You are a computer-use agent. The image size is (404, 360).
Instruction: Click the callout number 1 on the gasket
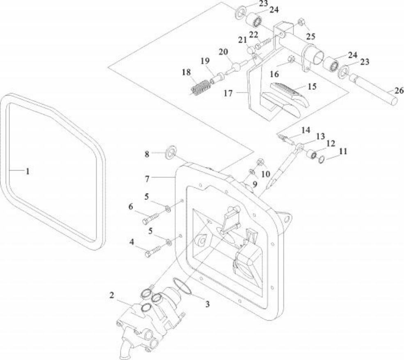27,171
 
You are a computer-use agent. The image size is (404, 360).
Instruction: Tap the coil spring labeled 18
201,87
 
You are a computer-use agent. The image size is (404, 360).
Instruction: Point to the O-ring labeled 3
182,286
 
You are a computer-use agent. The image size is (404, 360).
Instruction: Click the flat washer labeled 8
169,154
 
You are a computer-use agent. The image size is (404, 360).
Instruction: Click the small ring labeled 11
322,159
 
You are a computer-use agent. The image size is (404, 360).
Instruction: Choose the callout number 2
112,295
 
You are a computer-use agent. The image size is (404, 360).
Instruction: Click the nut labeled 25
300,23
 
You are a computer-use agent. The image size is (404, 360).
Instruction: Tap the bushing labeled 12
312,155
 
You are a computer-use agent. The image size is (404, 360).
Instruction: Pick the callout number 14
306,130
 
